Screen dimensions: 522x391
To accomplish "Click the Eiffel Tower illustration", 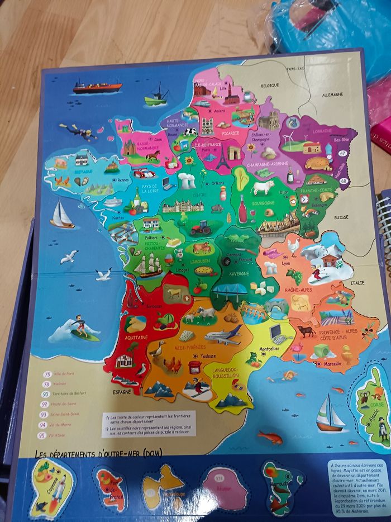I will pos(223,156).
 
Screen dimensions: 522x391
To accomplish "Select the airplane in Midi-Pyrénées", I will pos(223,335).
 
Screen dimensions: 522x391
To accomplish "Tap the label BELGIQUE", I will pos(269,85).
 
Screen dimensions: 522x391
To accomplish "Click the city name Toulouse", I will pos(209,356).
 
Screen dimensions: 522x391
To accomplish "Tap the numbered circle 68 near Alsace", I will pos(343,181).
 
